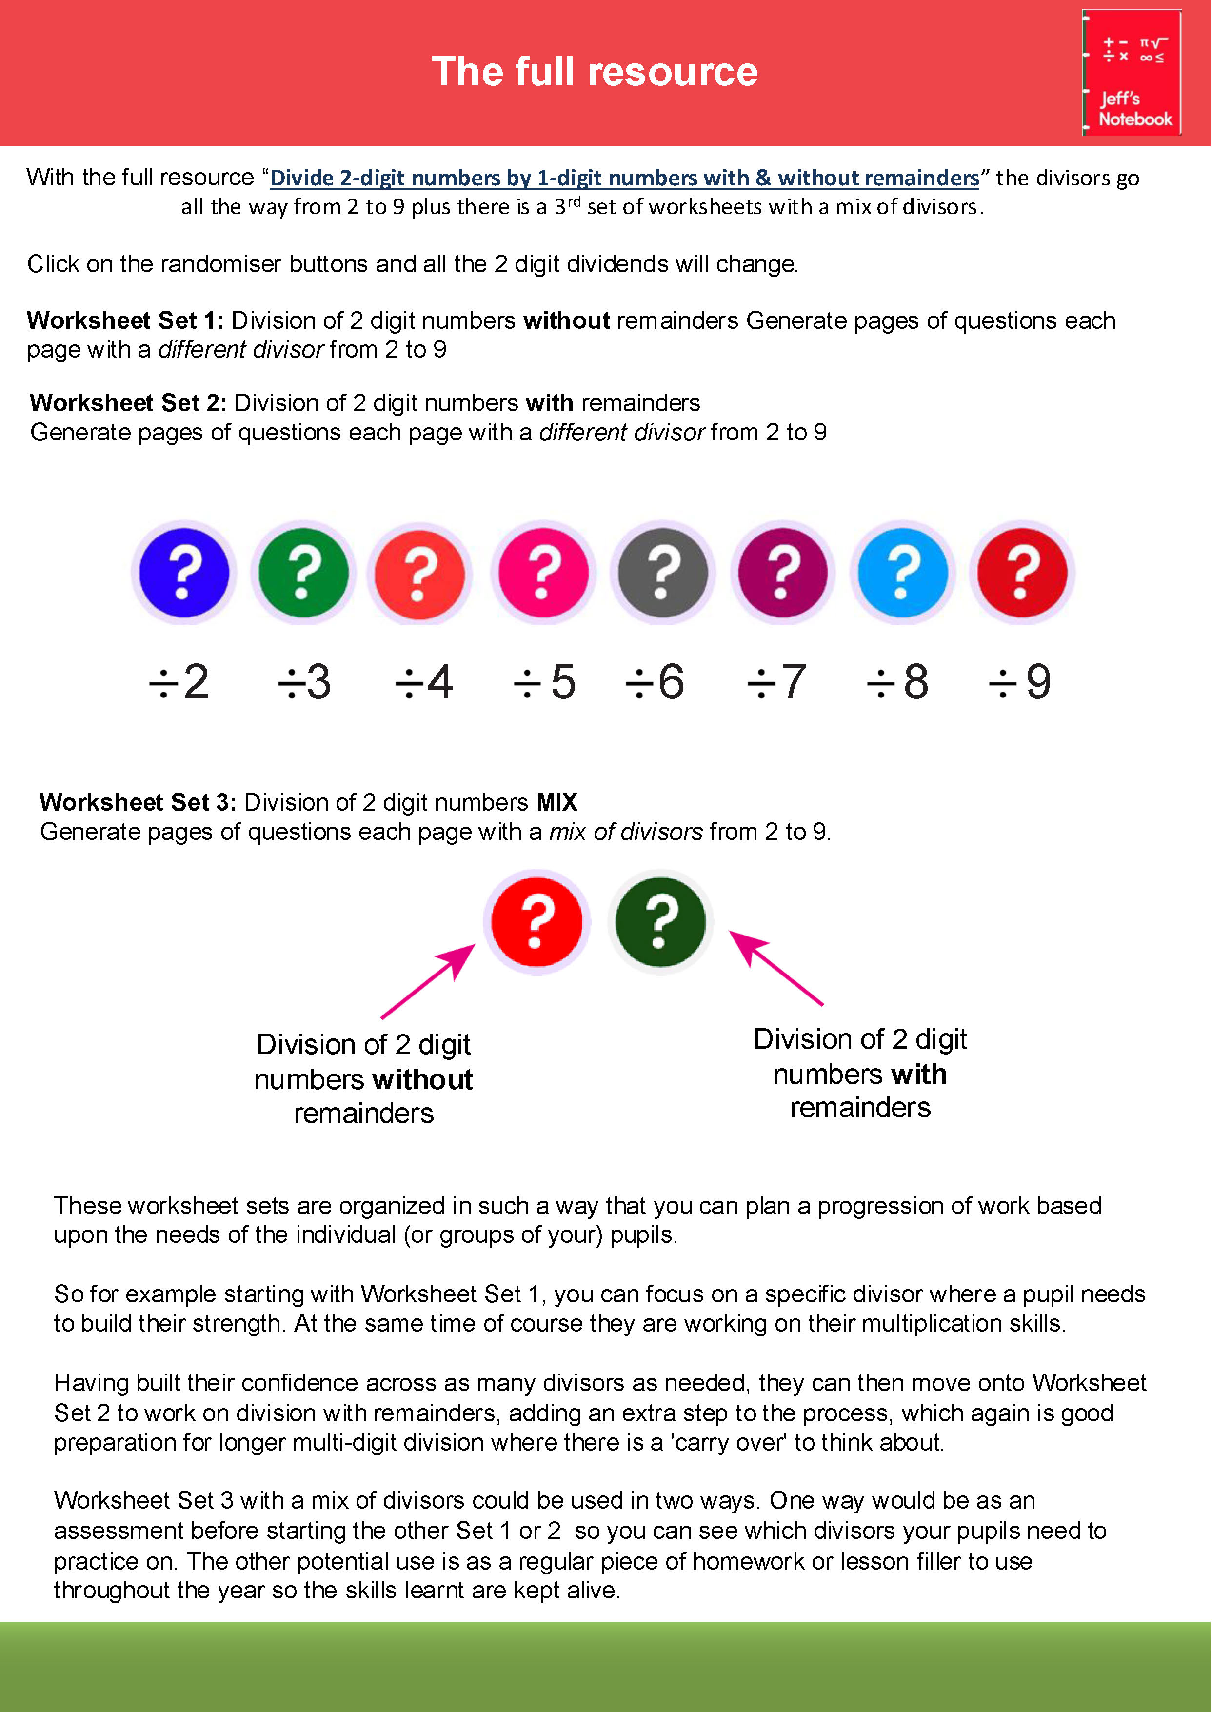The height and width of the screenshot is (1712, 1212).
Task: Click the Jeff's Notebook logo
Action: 1132,72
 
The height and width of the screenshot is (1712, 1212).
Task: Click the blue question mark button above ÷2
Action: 183,573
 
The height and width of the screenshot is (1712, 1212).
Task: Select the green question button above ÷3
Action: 303,573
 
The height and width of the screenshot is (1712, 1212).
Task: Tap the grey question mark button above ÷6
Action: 662,573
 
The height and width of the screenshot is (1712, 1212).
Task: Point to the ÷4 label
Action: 423,682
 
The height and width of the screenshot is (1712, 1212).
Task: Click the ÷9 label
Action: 1019,682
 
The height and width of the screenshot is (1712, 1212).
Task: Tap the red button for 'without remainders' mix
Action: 536,922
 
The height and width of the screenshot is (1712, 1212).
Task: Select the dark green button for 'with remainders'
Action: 660,922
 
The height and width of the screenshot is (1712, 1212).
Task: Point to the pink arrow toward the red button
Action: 428,981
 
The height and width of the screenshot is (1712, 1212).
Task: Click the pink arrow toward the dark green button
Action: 775,968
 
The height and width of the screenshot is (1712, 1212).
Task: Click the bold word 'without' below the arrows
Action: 422,1080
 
